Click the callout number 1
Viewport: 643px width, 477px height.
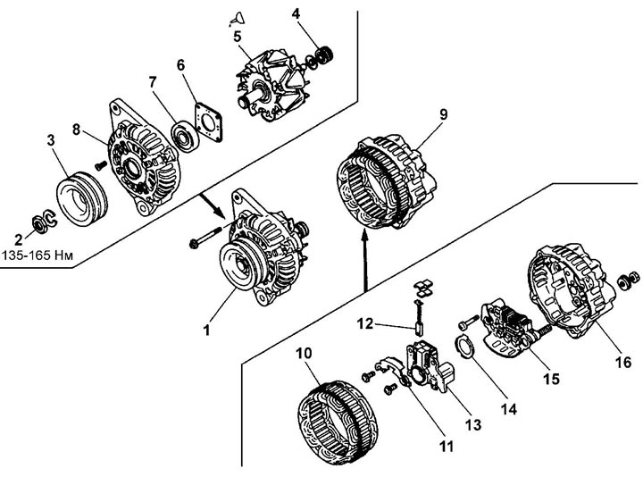(207, 330)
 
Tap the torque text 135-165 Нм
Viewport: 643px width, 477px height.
(38, 255)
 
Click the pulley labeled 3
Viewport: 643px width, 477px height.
(81, 198)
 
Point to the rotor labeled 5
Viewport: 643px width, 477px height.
(271, 87)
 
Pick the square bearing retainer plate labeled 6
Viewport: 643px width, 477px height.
(208, 122)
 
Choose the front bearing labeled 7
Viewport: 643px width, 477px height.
(185, 136)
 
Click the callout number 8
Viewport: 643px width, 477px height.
(76, 130)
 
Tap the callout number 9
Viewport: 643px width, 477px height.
(443, 114)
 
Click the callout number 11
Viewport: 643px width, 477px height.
(446, 446)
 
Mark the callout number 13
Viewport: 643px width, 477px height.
(473, 425)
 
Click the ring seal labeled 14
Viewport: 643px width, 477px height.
(465, 347)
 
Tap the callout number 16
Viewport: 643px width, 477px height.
(623, 362)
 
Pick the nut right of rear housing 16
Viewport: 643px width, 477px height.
(628, 280)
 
